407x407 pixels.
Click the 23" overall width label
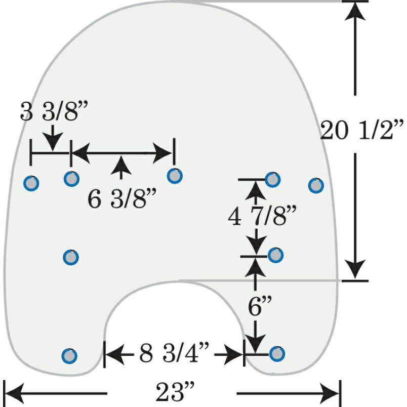[x=175, y=392]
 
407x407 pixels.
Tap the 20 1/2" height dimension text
[x=362, y=130]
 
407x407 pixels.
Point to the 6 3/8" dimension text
[x=121, y=198]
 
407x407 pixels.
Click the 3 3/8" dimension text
[x=54, y=111]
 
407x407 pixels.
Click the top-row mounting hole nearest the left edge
[x=31, y=183]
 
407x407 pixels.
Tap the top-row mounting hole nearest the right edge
[x=316, y=185]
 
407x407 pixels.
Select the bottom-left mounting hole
[x=69, y=356]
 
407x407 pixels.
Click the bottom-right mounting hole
[x=277, y=353]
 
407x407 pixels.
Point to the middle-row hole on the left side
[x=71, y=257]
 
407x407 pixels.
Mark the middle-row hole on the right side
[x=275, y=255]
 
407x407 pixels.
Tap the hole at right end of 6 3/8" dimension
[x=175, y=176]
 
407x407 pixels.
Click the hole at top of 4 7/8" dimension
[x=272, y=179]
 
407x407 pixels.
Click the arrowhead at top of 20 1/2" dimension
[x=355, y=11]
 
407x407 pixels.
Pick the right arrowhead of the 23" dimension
[x=330, y=393]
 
